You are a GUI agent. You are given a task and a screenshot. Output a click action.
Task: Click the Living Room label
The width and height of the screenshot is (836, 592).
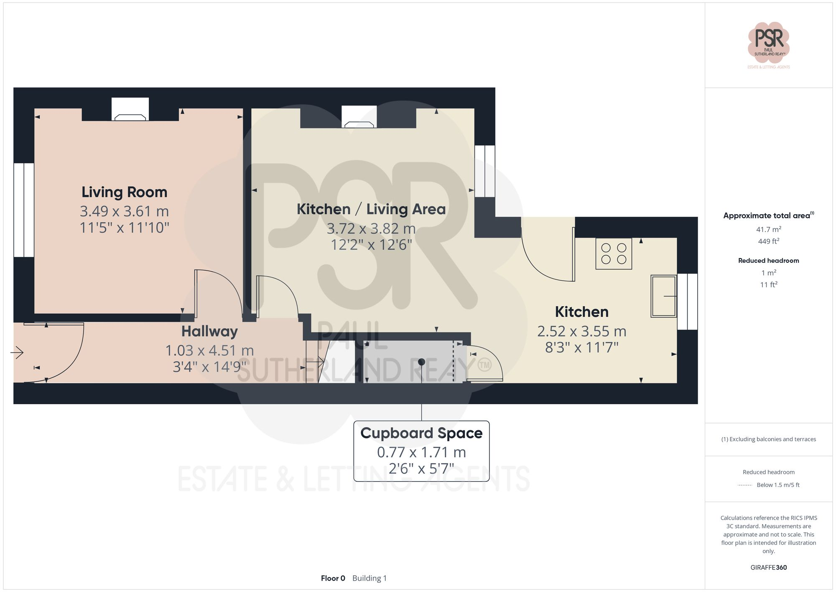coord(124,192)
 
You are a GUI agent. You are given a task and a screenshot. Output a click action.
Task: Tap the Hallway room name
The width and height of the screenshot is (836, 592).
coord(209,331)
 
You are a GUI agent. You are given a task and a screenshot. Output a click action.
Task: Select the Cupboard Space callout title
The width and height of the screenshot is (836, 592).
coord(421,433)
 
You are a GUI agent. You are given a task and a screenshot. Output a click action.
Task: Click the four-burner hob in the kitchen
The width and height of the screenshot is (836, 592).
coord(614,254)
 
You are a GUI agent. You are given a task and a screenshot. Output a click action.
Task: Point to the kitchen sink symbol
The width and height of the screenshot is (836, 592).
coord(663,296)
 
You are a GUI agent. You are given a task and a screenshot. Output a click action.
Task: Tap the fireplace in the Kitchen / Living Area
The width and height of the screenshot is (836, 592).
coord(359,118)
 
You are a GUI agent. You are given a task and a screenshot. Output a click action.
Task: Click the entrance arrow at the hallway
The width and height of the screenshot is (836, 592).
coord(17,353)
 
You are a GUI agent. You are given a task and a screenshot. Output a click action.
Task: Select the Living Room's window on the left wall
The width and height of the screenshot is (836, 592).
coord(23,210)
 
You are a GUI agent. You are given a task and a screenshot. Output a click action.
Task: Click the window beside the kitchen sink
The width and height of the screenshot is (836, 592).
coord(687,301)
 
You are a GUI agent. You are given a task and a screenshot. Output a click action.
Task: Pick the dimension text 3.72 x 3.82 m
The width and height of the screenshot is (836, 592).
coord(371,229)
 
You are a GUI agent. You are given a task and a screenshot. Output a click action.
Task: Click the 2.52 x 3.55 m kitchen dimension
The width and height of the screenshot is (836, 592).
coord(581,331)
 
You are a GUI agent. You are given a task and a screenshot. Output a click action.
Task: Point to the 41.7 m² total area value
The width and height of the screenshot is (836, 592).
coord(768,229)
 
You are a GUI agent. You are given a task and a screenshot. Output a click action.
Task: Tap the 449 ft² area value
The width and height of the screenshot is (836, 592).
coord(768,241)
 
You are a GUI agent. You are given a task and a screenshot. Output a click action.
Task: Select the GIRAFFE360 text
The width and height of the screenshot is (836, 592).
coord(768,568)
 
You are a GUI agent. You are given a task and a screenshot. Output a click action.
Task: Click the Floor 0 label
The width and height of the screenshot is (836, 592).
coord(333,578)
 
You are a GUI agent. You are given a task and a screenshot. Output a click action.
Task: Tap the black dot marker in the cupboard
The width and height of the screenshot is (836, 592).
coord(421,362)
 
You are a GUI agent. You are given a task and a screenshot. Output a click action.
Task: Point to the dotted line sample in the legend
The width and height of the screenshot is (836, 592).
coord(745,485)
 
